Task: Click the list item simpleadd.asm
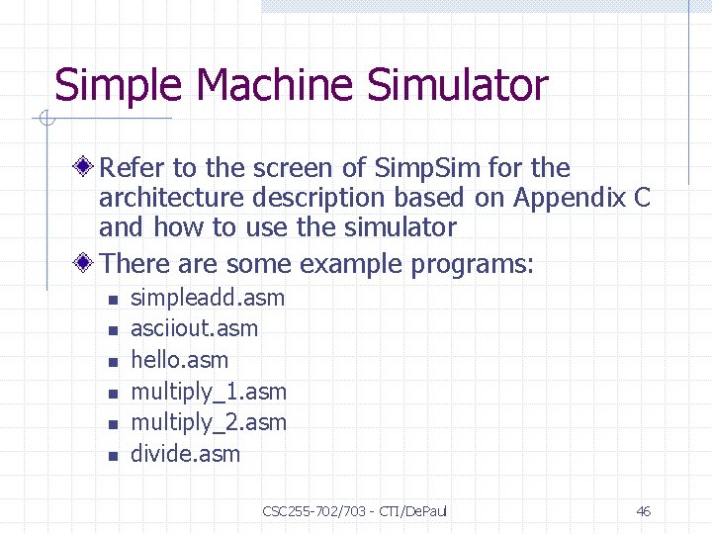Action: click(x=208, y=298)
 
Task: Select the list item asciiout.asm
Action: click(x=195, y=328)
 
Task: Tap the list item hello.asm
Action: click(x=180, y=360)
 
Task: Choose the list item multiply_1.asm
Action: click(x=209, y=392)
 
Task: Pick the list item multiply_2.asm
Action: click(x=209, y=422)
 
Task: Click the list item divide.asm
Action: click(x=186, y=454)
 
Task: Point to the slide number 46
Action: click(x=643, y=511)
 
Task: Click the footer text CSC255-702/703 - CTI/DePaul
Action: click(x=355, y=511)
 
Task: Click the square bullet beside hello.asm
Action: click(x=114, y=362)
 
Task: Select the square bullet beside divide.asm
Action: click(x=114, y=456)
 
